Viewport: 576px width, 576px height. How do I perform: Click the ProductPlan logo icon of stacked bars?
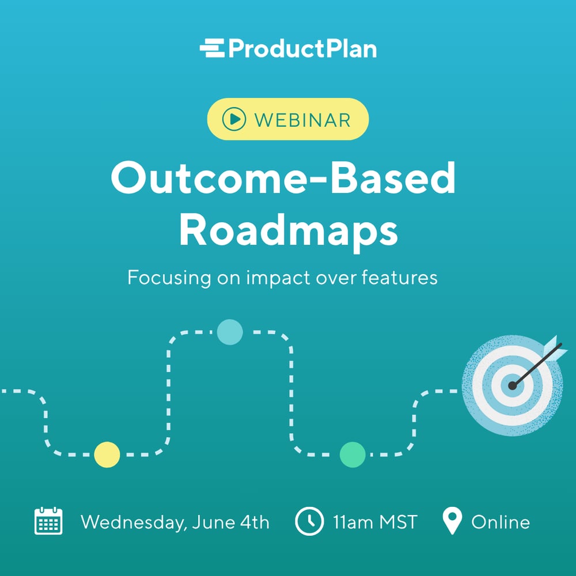pyautogui.click(x=212, y=48)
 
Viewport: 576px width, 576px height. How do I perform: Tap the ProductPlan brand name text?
pyautogui.click(x=302, y=48)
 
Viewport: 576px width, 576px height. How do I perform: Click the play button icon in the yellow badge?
pyautogui.click(x=233, y=119)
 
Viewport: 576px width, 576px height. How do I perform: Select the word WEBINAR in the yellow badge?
pyautogui.click(x=302, y=120)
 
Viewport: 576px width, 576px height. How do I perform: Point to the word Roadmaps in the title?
pyautogui.click(x=288, y=230)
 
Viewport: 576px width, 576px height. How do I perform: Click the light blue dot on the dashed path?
pyautogui.click(x=230, y=332)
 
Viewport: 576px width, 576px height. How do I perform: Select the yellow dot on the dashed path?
pyautogui.click(x=107, y=454)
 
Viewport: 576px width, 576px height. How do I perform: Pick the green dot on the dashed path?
pyautogui.click(x=353, y=454)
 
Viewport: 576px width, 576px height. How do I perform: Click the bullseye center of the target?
pyautogui.click(x=512, y=385)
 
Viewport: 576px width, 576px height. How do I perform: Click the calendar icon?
pyautogui.click(x=48, y=521)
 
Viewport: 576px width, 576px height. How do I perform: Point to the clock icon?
pyautogui.click(x=309, y=521)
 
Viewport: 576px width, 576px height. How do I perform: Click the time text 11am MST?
pyautogui.click(x=374, y=522)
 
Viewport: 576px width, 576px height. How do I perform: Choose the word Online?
pyautogui.click(x=500, y=522)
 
